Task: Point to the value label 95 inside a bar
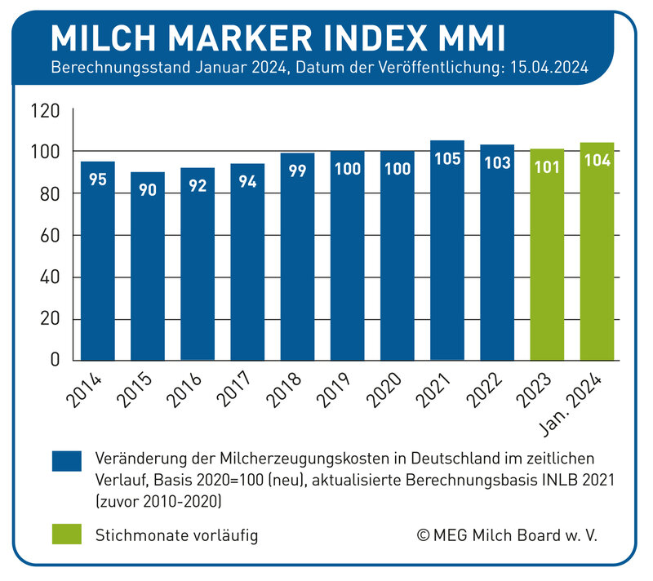(98, 180)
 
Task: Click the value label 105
(446, 160)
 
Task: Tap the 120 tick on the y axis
(44, 109)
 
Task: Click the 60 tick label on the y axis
(49, 235)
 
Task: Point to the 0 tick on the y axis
(55, 360)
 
